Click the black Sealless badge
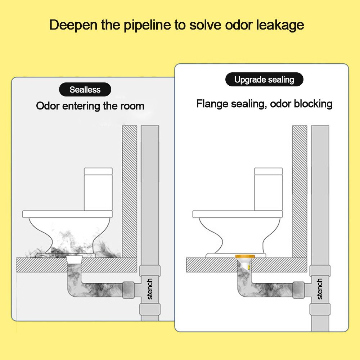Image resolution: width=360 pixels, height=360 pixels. pyautogui.click(x=85, y=90)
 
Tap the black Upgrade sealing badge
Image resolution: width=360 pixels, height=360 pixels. pyautogui.click(x=264, y=80)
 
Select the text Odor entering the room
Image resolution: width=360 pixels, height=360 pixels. pyautogui.click(x=90, y=106)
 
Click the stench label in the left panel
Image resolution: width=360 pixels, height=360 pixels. pyautogui.click(x=150, y=289)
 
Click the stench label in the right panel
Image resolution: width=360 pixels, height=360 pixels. pyautogui.click(x=320, y=289)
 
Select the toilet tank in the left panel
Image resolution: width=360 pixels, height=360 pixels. pyautogui.click(x=98, y=189)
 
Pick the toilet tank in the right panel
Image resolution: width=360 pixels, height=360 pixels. pyautogui.click(x=268, y=189)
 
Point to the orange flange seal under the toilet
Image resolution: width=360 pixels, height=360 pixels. pyautogui.click(x=245, y=257)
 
